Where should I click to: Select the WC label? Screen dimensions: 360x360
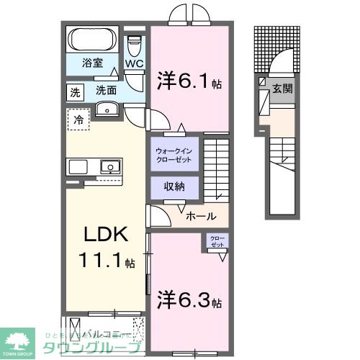coord(135,63)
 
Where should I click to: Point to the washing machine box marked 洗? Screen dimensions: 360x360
coord(75,91)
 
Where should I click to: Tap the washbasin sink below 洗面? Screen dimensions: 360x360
coord(105,109)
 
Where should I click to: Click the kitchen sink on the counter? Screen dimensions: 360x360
coord(109,167)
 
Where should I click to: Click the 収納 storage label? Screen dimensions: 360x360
coord(174,186)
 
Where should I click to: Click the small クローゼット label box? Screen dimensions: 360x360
coord(217,241)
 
